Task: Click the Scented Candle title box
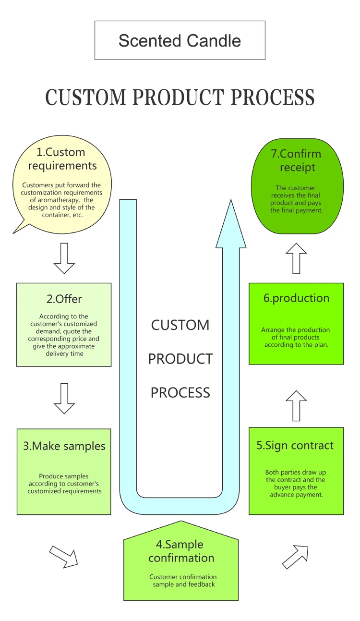coord(180,40)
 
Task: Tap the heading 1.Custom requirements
coord(62,159)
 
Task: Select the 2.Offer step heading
coord(64,299)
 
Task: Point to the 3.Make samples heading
coord(64,446)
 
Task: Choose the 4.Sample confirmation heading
coord(181,551)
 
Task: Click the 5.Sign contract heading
coord(295,445)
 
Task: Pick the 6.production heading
coord(296,298)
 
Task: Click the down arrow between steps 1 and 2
coord(64,258)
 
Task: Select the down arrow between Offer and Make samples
coord(64,399)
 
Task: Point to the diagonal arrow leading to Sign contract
coord(295,557)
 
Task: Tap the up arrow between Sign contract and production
coord(296,405)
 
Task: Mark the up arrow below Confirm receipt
coord(296,258)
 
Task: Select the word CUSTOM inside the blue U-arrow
coord(180,325)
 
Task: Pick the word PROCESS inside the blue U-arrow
coord(180,393)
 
